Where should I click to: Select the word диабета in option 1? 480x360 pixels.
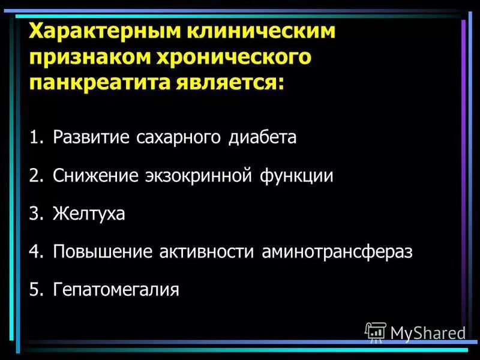point(262,137)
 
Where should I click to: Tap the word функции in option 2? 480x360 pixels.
point(297,176)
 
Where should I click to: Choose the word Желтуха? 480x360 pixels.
point(89,214)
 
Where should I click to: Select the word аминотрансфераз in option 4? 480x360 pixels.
point(337,251)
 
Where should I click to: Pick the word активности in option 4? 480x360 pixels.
point(210,251)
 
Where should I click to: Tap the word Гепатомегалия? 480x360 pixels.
point(116,290)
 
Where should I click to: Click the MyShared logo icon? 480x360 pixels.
point(375,332)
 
